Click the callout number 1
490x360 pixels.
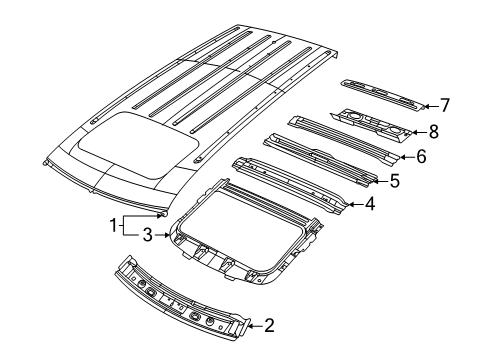(113, 225)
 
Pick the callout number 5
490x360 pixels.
(395, 181)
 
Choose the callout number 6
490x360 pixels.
(422, 156)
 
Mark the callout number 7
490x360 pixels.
(446, 103)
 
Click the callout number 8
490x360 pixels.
(434, 130)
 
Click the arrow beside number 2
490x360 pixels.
(253, 325)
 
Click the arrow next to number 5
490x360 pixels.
(380, 181)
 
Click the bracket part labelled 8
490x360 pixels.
(375, 123)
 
